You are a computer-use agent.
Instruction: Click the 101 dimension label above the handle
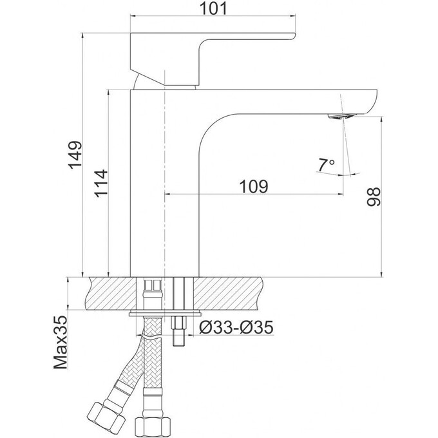point(214,9)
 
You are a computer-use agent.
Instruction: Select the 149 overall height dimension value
point(76,155)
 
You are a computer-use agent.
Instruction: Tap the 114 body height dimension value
point(101,183)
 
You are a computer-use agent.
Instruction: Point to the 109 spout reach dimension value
point(254,186)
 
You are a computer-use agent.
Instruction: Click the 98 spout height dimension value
point(374,197)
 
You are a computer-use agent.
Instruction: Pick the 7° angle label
point(325,165)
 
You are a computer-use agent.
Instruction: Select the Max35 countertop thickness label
point(61,343)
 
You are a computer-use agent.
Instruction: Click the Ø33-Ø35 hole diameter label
point(236,327)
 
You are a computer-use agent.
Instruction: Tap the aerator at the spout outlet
point(343,117)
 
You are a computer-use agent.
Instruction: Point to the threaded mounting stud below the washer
point(179,331)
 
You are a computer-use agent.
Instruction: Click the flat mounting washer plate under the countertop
point(165,314)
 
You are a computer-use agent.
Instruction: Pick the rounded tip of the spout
point(373,101)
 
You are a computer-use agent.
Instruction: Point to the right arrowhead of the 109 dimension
point(341,194)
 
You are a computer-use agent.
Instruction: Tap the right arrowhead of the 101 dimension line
point(292,15)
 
